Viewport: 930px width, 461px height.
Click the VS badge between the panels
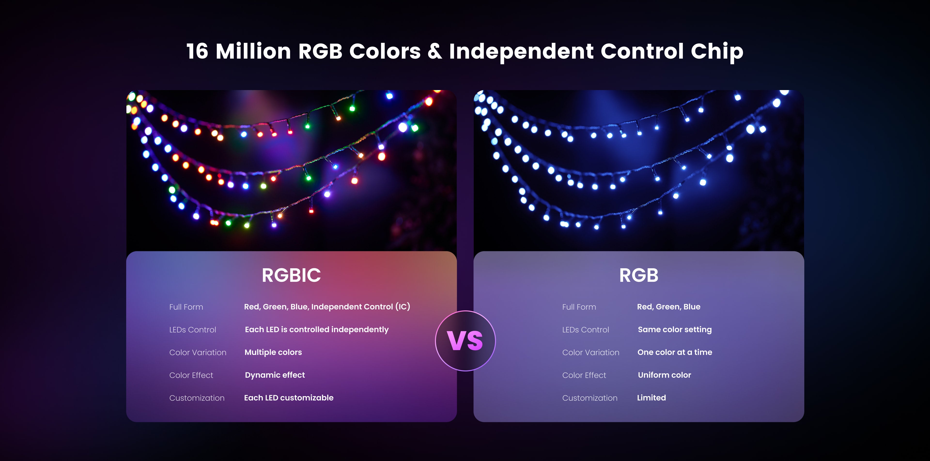tap(465, 341)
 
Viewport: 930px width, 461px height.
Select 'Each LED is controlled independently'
tap(317, 330)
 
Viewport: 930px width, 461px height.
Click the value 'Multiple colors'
tap(273, 352)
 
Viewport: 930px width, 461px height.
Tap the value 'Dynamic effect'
tap(275, 375)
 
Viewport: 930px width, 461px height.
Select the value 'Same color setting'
tap(675, 330)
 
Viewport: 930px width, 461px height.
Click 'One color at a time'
tap(675, 352)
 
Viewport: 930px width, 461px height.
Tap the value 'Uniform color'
tap(664, 375)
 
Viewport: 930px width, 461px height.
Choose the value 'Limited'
tap(651, 398)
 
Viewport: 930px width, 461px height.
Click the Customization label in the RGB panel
tap(589, 398)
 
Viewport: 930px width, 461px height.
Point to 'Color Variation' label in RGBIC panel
tap(198, 353)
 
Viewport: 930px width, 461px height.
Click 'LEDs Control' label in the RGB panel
tap(585, 330)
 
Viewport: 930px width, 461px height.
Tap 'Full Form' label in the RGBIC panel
tap(186, 307)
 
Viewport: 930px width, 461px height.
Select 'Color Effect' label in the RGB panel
tap(584, 376)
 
